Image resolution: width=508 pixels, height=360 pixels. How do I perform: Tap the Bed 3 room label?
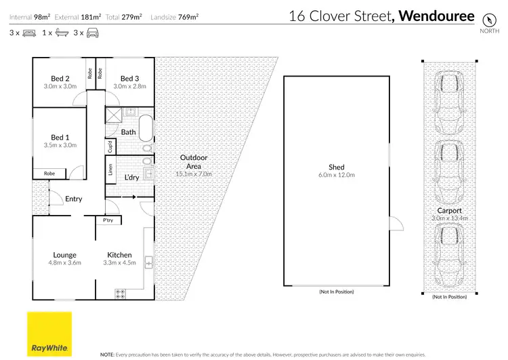[129, 78]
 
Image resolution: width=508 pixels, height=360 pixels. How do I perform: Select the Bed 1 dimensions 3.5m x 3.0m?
[60, 144]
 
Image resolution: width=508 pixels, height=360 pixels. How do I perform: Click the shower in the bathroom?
[112, 115]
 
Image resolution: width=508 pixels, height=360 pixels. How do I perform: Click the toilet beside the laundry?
[148, 162]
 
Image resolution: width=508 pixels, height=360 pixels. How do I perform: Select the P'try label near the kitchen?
[107, 220]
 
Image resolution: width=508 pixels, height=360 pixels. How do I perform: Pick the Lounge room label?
[65, 255]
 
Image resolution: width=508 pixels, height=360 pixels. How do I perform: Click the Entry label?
[73, 199]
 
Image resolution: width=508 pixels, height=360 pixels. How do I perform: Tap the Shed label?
[337, 167]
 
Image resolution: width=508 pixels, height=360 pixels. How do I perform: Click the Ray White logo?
[49, 333]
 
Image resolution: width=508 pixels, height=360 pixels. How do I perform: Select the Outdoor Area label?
[194, 162]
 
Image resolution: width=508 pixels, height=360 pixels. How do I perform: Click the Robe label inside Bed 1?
[49, 174]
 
